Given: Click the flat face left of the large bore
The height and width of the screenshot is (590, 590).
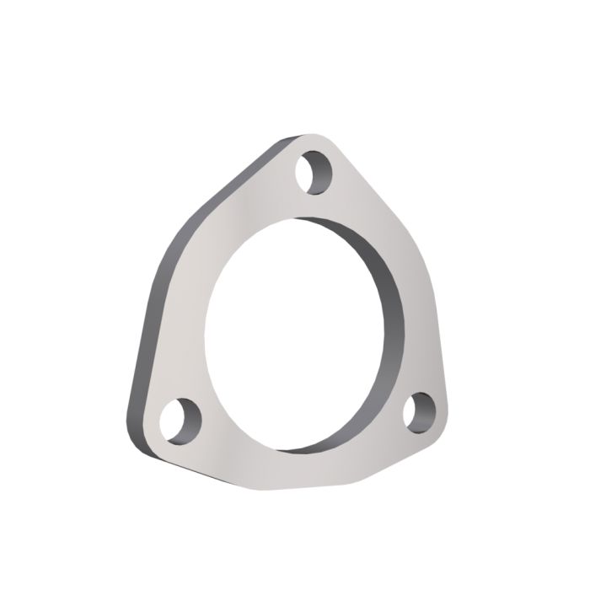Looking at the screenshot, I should tap(181, 320).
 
